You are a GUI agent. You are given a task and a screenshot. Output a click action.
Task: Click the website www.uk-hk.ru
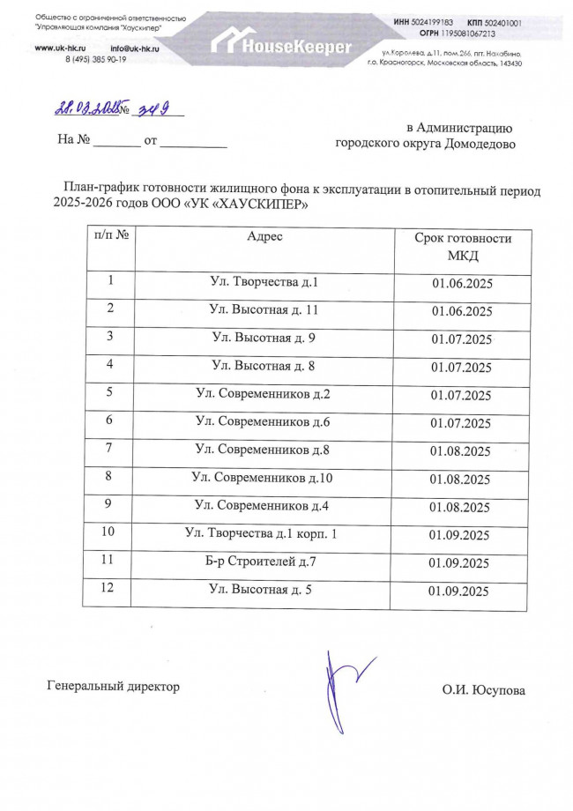pyautogui.click(x=58, y=47)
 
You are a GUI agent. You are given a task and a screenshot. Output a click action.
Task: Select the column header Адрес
pyautogui.click(x=264, y=237)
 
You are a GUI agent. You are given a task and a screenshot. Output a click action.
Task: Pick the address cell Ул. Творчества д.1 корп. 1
pyautogui.click(x=261, y=533)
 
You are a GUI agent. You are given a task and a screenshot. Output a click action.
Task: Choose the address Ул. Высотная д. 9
pyautogui.click(x=264, y=338)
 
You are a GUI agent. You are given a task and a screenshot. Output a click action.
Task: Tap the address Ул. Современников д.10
pyautogui.click(x=262, y=478)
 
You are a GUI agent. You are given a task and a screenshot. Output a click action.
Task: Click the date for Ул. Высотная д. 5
pyautogui.click(x=458, y=592)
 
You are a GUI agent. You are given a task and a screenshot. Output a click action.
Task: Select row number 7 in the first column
pyautogui.click(x=110, y=449)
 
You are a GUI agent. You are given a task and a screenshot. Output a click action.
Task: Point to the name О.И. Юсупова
pyautogui.click(x=483, y=690)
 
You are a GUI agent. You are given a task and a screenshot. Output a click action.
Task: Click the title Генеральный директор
pyautogui.click(x=112, y=686)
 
